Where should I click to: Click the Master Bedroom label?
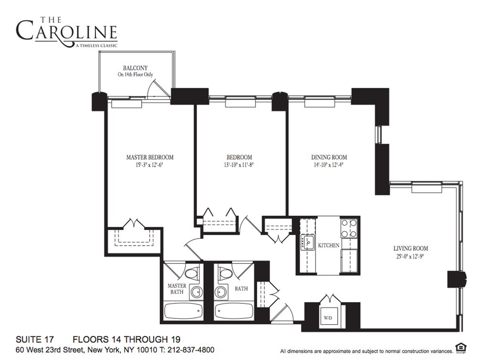point(149,157)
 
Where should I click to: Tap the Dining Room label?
point(329,157)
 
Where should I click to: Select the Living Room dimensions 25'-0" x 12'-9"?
point(410,256)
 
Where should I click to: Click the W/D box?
point(329,317)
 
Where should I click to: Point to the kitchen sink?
point(306,242)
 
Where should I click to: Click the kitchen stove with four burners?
point(349,228)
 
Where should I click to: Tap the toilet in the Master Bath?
point(192,274)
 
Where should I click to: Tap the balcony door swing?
point(155,89)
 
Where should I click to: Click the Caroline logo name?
point(66,31)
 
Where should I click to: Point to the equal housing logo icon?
point(461,347)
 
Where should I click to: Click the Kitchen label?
point(329,245)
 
